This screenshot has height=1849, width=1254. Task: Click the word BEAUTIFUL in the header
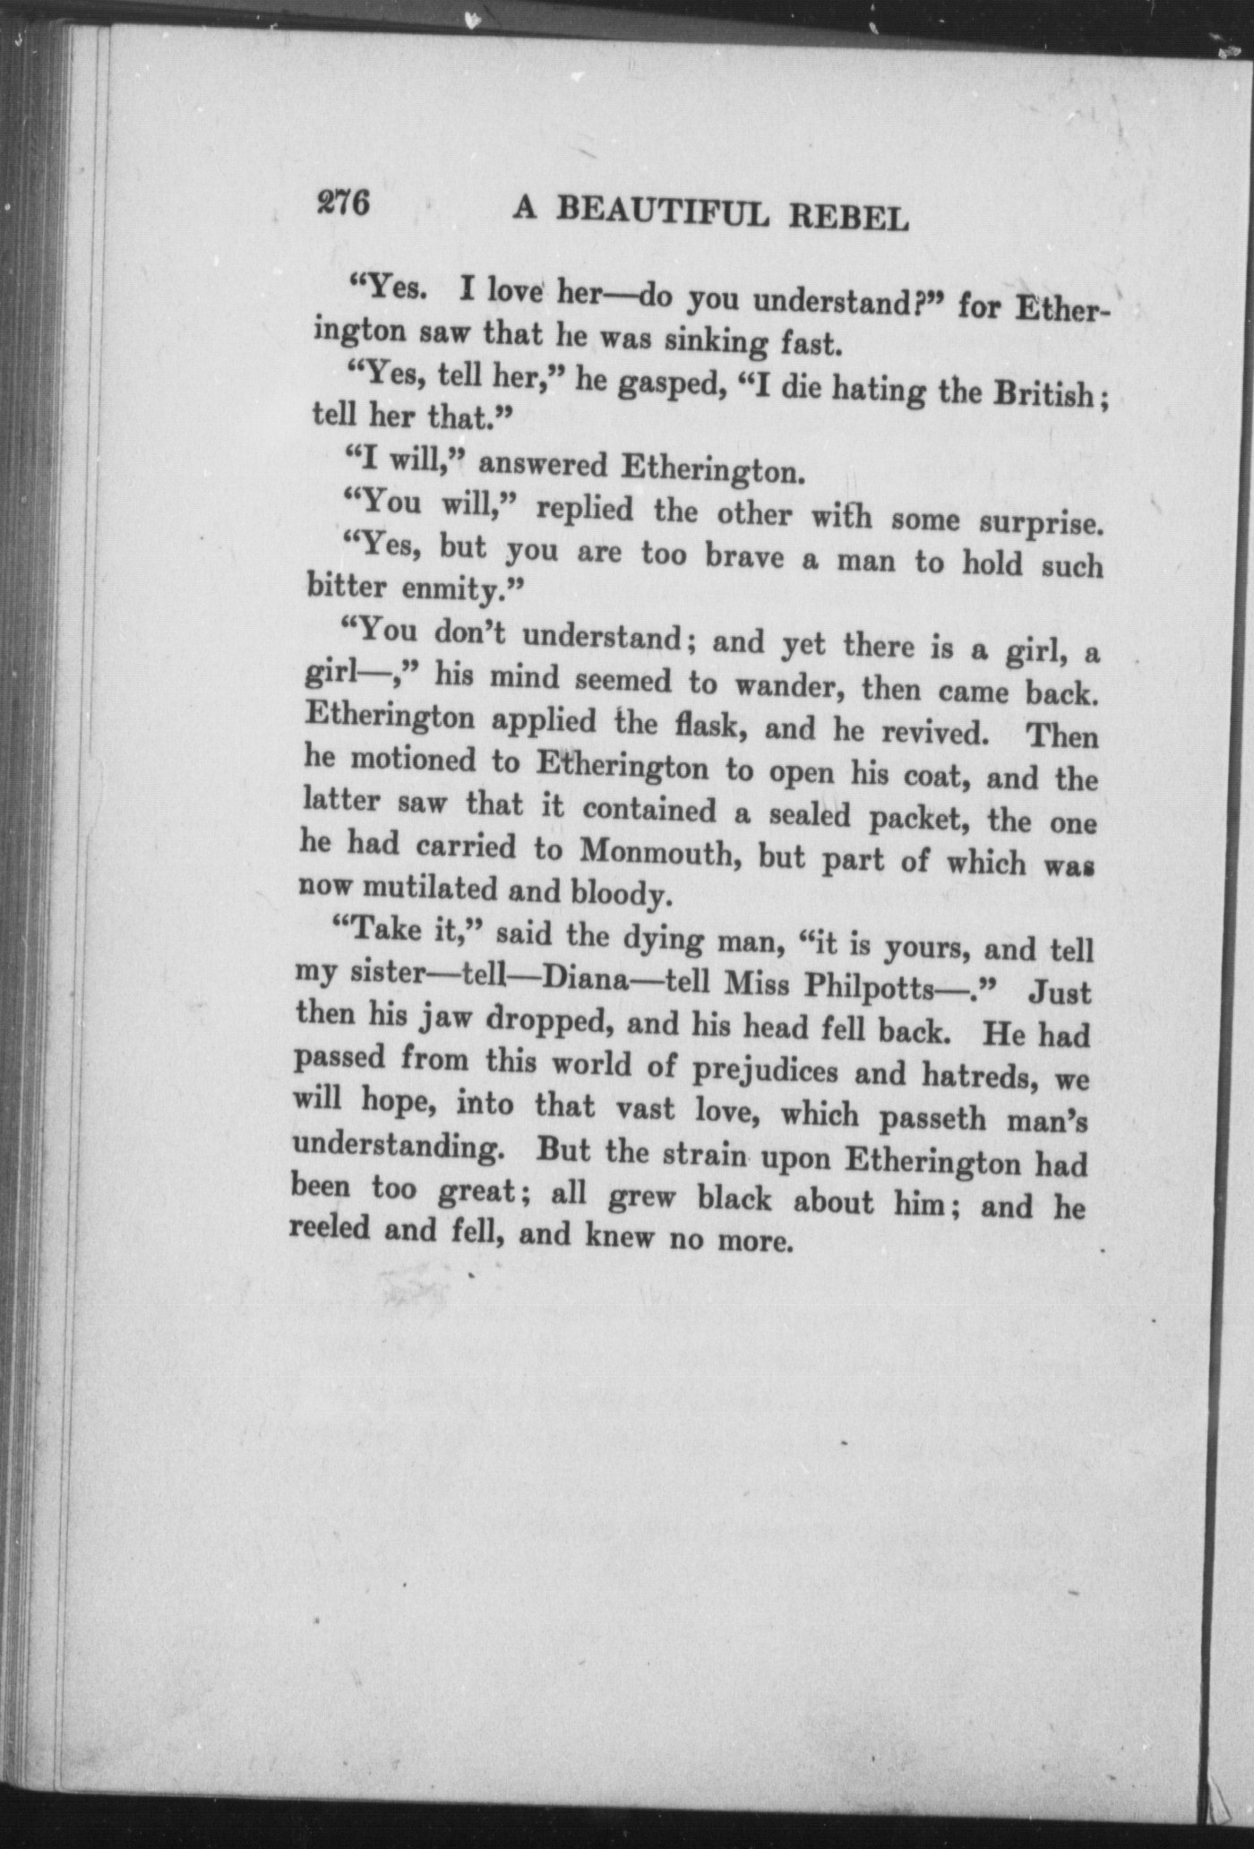coord(662,212)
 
